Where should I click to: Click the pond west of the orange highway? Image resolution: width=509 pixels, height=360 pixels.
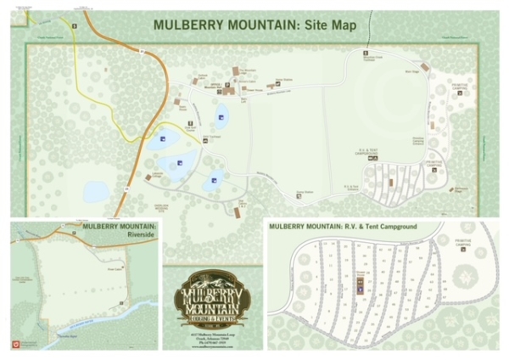[x=96, y=191]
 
